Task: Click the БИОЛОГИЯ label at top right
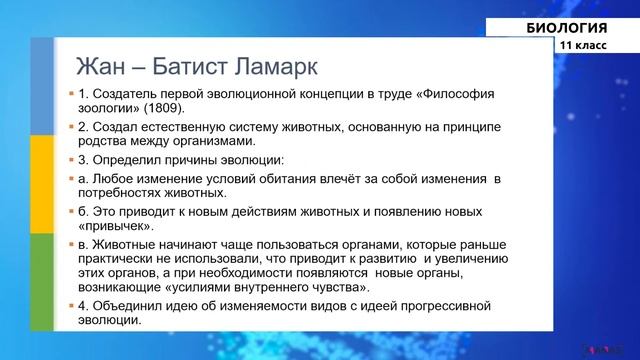567,27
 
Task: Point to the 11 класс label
582,46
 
